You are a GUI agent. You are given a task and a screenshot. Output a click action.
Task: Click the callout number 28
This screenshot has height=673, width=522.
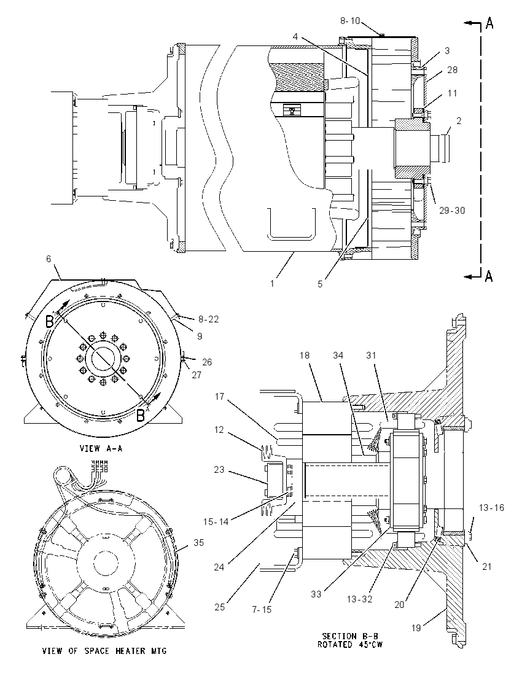click(453, 70)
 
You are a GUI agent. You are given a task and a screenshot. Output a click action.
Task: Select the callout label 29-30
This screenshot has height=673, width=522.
click(452, 210)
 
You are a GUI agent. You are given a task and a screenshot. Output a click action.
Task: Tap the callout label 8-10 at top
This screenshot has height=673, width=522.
click(350, 21)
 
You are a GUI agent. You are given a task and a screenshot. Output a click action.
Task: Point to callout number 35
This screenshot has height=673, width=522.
click(198, 543)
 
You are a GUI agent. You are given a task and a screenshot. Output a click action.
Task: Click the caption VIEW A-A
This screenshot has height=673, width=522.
click(101, 448)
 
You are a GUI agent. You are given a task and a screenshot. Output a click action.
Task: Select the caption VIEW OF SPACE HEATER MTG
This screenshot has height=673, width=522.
click(104, 651)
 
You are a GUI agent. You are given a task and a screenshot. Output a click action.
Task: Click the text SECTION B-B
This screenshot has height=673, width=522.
click(351, 636)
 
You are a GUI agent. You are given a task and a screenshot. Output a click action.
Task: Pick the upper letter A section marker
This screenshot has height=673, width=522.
click(489, 23)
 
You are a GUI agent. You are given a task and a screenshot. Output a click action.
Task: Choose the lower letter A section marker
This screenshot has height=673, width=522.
click(489, 277)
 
